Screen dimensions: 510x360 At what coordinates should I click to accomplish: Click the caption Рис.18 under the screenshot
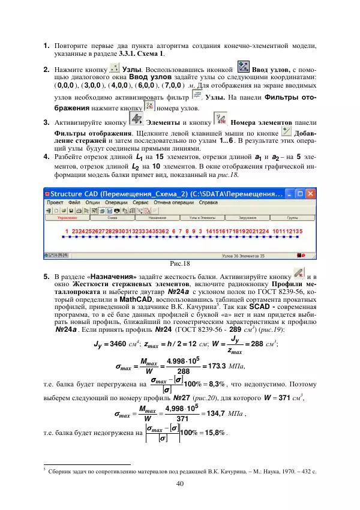coord(180,263)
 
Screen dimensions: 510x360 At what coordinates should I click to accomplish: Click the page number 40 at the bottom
coord(180,484)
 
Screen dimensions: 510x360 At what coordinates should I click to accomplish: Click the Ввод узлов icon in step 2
coord(243,67)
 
